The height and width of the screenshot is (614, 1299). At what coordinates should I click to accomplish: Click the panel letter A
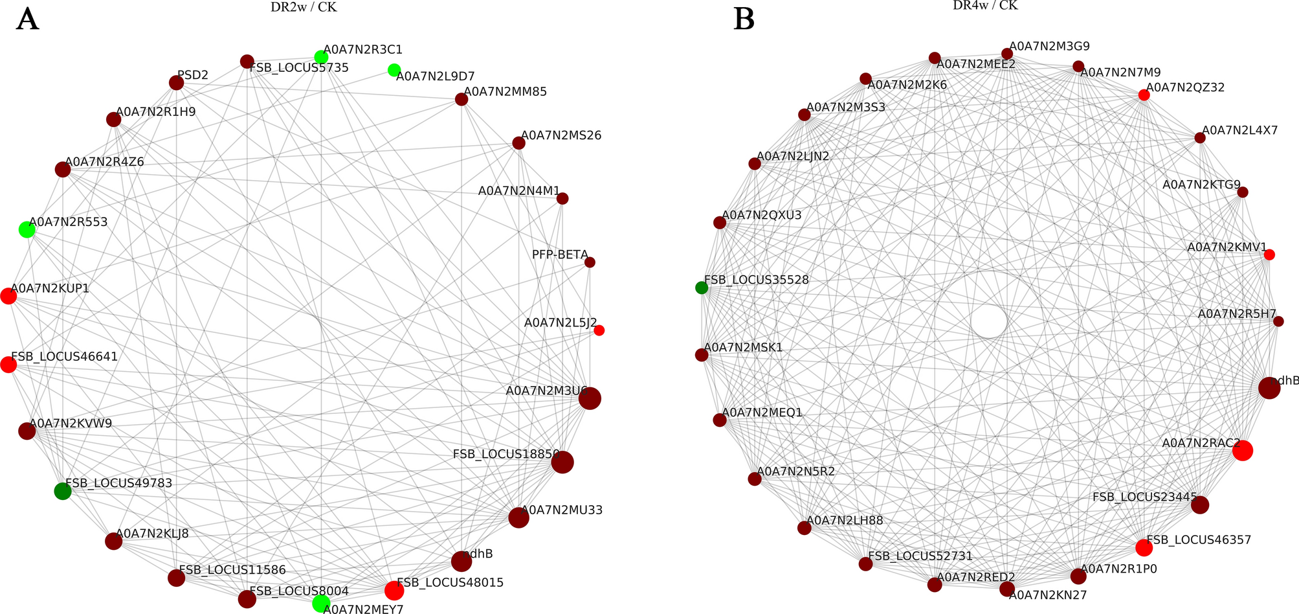27,19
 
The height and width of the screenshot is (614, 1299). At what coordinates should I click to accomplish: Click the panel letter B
744,19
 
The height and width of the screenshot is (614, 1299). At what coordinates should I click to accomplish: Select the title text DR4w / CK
985,5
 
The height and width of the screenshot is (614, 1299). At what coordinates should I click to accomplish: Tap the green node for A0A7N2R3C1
321,56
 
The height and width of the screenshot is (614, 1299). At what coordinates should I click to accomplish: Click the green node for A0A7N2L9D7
394,69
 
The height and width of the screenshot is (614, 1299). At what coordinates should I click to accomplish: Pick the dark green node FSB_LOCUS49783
62,492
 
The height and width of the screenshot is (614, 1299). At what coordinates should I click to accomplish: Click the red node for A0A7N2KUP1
8,296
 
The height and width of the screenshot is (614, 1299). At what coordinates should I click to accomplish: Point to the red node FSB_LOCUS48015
394,591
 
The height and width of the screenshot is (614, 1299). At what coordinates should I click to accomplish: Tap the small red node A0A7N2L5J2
599,330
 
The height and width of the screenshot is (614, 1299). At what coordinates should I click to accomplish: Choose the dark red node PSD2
176,83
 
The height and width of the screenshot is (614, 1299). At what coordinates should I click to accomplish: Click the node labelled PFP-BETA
590,262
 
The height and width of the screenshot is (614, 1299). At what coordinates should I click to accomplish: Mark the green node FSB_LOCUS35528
702,288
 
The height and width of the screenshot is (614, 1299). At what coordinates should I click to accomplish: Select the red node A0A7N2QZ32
1144,95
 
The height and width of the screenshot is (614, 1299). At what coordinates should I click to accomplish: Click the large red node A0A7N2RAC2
1243,451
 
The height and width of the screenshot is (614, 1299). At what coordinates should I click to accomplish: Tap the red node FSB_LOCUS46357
1144,548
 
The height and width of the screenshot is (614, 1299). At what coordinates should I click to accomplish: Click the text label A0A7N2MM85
505,92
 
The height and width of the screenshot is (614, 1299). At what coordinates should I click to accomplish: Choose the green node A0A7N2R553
27,229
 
